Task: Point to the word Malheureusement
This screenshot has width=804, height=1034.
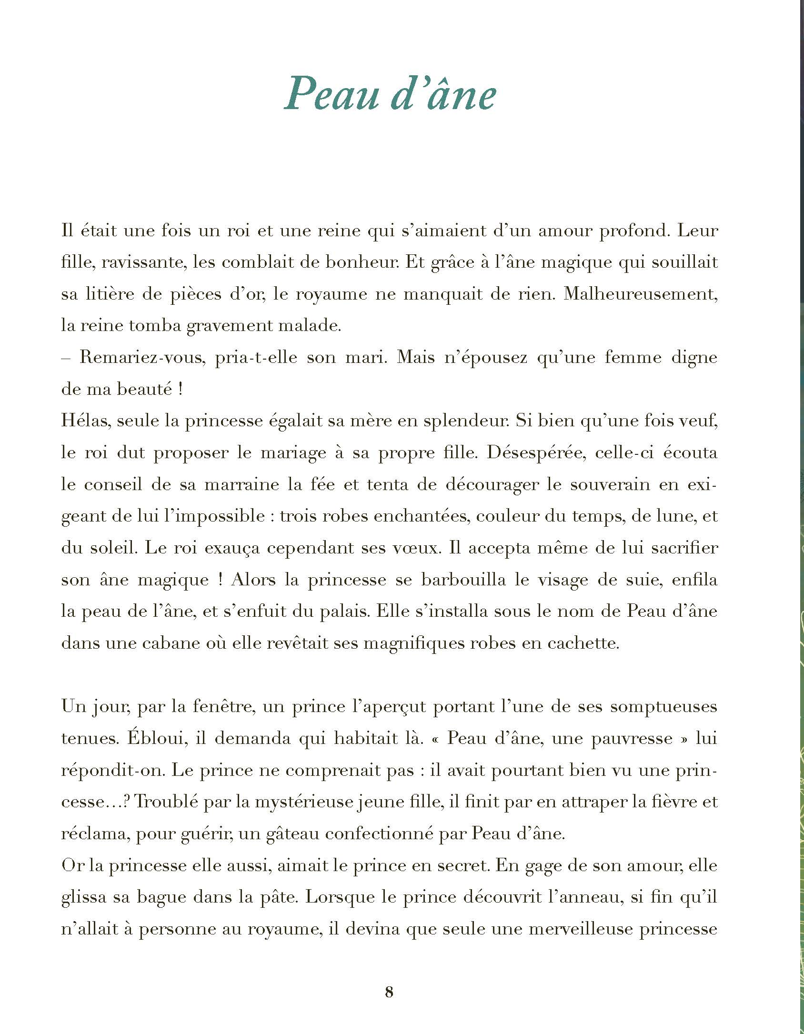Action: point(640,294)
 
